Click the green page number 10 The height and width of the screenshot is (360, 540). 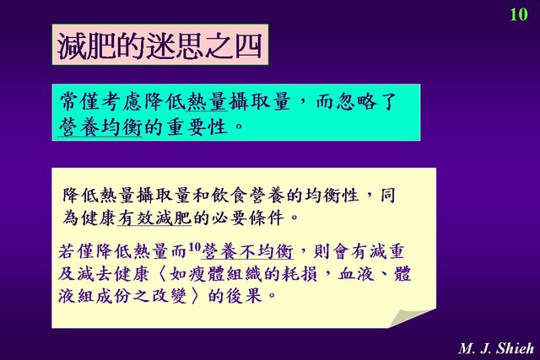point(519,14)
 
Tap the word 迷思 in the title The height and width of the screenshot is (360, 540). point(175,46)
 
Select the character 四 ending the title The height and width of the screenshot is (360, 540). point(247,46)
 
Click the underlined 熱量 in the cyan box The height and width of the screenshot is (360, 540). point(207,102)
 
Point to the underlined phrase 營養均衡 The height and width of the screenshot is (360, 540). point(100,127)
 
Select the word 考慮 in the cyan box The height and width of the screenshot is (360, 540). point(121,102)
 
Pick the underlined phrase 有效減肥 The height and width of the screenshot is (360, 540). point(154,218)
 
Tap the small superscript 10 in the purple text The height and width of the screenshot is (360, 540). point(194,246)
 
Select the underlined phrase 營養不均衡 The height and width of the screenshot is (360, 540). point(247,251)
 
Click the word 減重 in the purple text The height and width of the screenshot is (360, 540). point(386,251)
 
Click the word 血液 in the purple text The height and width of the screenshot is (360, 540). point(356,274)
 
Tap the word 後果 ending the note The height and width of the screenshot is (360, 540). point(244,296)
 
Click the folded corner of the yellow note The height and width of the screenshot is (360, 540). point(412,319)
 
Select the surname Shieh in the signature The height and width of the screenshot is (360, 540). point(516,348)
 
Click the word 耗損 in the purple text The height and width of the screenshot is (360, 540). point(299,274)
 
